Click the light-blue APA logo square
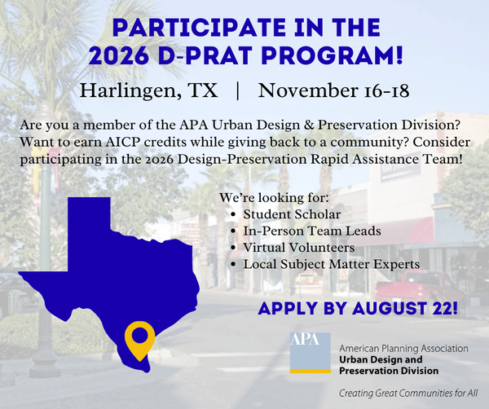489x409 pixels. [310, 350]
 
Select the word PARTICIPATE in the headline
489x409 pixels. [199, 28]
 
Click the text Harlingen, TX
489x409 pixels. [149, 90]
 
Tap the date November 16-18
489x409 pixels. [333, 90]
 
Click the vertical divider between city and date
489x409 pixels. [238, 90]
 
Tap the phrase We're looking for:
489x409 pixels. [274, 198]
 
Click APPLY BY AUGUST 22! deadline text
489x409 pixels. [358, 308]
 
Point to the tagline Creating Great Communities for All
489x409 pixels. [408, 393]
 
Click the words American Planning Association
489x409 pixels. [403, 348]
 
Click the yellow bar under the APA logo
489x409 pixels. [310, 371]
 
